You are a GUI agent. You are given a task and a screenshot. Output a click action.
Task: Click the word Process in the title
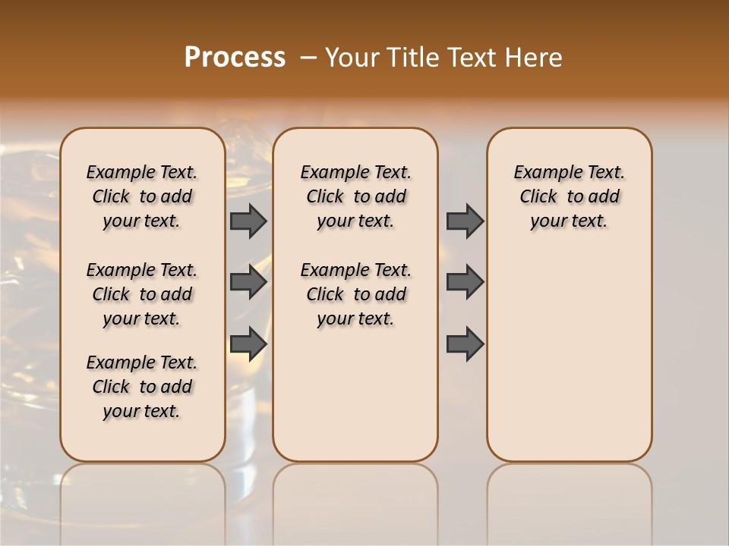click(x=235, y=57)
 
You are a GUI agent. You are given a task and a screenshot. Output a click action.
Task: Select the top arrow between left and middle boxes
click(x=248, y=221)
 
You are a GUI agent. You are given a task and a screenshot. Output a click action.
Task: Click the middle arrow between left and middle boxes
click(x=248, y=282)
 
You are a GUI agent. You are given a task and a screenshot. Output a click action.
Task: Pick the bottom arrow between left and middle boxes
click(x=248, y=343)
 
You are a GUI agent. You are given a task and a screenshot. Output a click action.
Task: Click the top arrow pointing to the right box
click(x=465, y=221)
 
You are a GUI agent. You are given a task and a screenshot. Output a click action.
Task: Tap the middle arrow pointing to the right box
click(x=465, y=282)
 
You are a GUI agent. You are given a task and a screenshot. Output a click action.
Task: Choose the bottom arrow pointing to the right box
click(x=465, y=343)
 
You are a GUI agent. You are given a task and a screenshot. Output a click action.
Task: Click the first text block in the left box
click(x=142, y=196)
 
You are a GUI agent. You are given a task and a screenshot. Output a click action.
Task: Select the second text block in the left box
click(x=142, y=294)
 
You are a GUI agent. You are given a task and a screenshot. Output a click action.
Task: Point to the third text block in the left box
click(x=142, y=387)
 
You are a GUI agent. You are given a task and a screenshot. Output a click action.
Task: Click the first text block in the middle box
click(x=355, y=196)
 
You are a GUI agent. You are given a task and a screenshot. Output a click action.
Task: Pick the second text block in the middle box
click(x=355, y=294)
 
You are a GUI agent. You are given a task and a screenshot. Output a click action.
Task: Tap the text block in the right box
click(x=569, y=196)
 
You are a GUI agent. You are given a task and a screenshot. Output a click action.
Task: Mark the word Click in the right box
click(x=538, y=196)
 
